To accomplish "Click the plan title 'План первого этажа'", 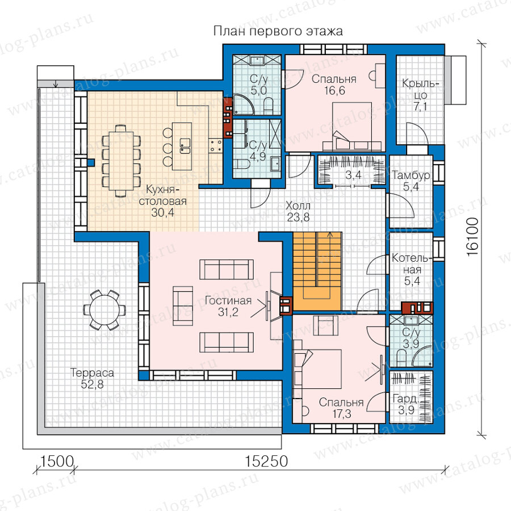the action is click(x=278, y=32).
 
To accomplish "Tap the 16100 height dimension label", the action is click(x=472, y=237).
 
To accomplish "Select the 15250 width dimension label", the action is click(x=266, y=461).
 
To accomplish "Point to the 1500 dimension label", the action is click(x=56, y=461).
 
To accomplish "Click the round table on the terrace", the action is click(x=104, y=309).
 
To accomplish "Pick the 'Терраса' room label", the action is click(x=92, y=373).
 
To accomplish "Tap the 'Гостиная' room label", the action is click(x=228, y=300).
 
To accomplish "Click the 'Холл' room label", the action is click(x=298, y=206).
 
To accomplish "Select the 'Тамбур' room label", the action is click(x=411, y=175).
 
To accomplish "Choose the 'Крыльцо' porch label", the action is click(x=420, y=89).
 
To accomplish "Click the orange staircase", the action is click(x=317, y=271).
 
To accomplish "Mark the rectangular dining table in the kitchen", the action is click(x=122, y=161).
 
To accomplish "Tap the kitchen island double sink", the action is click(x=185, y=146).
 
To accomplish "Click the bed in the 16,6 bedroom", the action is click(x=352, y=127).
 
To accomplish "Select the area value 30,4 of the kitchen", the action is click(x=162, y=213).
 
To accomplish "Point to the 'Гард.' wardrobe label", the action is click(x=405, y=399).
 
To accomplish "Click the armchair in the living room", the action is click(x=183, y=305).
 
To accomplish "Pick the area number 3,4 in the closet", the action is click(x=353, y=175).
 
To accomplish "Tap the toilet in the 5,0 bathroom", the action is click(x=269, y=106).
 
